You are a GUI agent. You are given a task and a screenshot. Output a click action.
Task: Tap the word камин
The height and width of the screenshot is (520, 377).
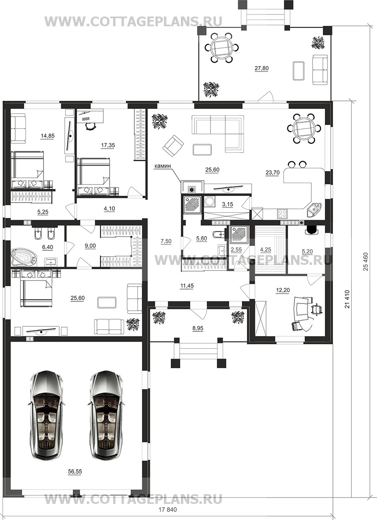[163, 166]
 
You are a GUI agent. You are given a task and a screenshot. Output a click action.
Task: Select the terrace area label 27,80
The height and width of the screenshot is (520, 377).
[261, 68]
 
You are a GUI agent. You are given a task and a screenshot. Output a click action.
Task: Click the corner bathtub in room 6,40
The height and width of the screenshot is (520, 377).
[24, 257]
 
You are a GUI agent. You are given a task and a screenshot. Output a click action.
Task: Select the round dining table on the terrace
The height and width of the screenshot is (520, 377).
[222, 48]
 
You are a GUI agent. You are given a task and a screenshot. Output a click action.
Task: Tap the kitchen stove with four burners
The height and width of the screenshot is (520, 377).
[282, 214]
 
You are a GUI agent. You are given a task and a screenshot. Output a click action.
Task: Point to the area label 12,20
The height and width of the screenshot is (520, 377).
[283, 290]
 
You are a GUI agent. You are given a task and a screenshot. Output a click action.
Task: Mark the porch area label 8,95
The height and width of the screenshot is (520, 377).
[198, 328]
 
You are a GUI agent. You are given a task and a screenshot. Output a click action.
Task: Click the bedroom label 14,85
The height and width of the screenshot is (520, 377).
[47, 136]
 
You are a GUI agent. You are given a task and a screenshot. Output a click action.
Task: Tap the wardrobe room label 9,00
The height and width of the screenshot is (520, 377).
[90, 246]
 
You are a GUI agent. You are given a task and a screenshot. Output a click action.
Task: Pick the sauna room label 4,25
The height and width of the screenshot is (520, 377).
[266, 250]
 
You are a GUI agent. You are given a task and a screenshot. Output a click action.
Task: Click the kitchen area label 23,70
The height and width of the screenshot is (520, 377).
[273, 172]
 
